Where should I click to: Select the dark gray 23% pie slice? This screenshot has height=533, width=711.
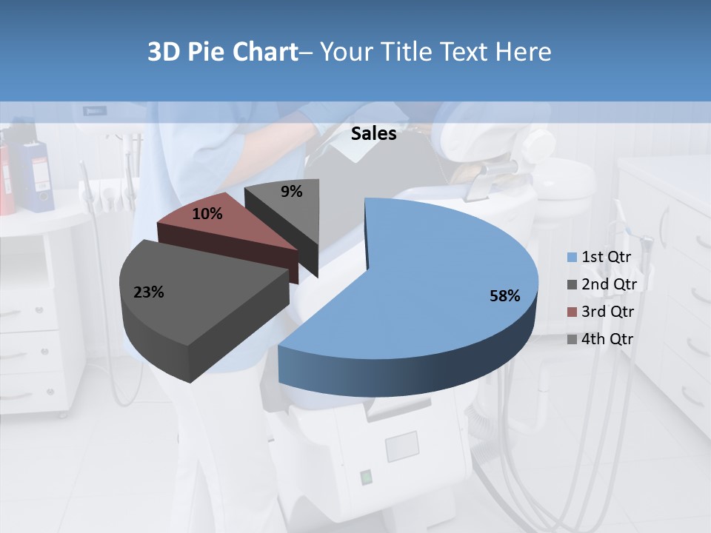point(200,296)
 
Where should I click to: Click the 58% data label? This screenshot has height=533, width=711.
point(504,296)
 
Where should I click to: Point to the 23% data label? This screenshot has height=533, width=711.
point(148,292)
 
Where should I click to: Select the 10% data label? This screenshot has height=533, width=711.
point(207,214)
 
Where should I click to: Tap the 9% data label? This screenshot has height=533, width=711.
point(292,192)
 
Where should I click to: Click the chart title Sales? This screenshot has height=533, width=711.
point(373,134)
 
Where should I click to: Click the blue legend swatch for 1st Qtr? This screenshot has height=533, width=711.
point(572,258)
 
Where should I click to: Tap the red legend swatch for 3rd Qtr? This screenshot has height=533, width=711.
point(572,312)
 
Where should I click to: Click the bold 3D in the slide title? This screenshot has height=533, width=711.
point(164,52)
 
